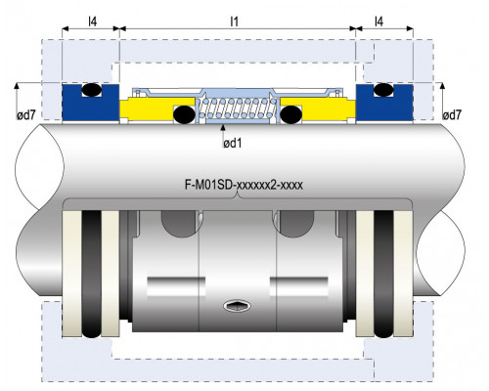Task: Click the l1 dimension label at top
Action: pyautogui.click(x=234, y=22)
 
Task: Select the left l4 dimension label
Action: pyautogui.click(x=93, y=22)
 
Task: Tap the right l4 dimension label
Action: pyautogui.click(x=378, y=22)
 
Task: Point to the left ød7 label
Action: pyautogui.click(x=25, y=115)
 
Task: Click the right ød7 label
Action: pyautogui.click(x=452, y=115)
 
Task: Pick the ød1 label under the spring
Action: pyautogui.click(x=233, y=143)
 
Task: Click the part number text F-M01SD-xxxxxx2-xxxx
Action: pyautogui.click(x=244, y=185)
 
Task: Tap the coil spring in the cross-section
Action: pyautogui.click(x=238, y=109)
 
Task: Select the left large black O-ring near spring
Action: pyautogui.click(x=184, y=114)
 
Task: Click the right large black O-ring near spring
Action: pyautogui.click(x=291, y=114)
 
